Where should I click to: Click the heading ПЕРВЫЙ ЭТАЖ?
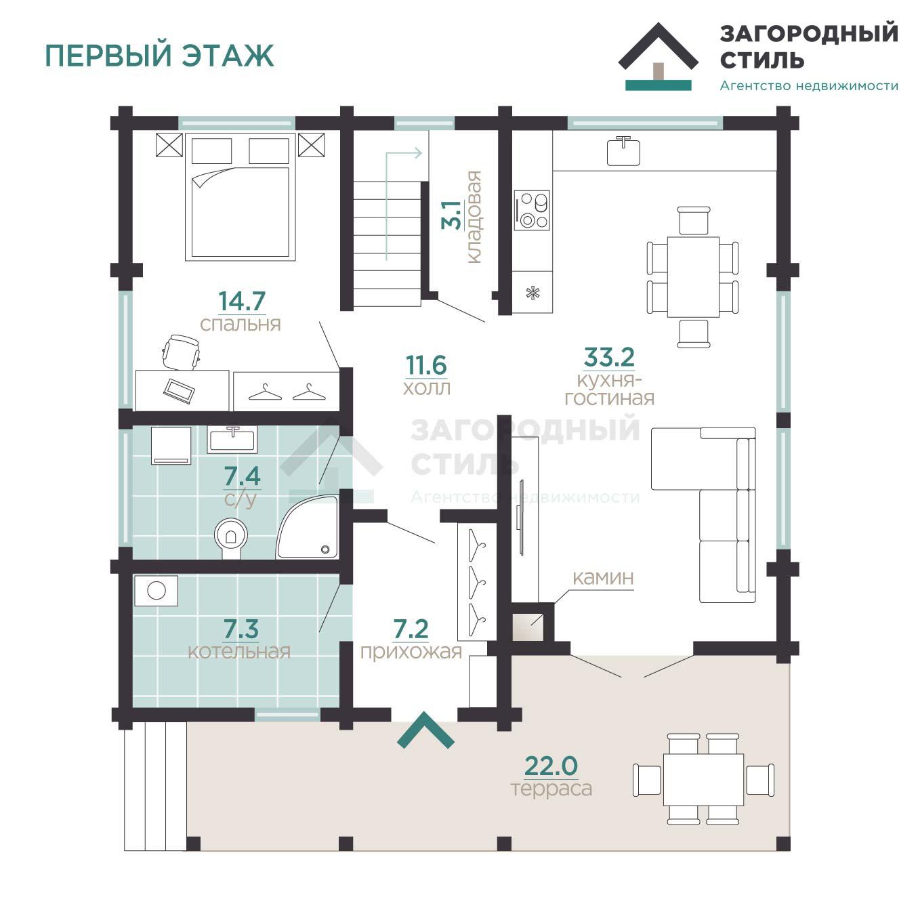(159, 56)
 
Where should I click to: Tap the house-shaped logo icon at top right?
(658, 57)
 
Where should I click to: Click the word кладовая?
(474, 217)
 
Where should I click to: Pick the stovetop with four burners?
(532, 211)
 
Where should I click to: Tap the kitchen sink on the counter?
(623, 151)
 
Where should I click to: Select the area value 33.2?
(609, 356)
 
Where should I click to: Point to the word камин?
(603, 578)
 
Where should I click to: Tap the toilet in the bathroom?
(231, 537)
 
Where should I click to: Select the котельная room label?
(239, 652)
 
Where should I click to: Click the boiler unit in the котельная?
(157, 591)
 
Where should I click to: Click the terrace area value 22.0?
(551, 766)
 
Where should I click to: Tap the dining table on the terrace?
(703, 778)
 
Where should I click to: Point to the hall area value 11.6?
(426, 365)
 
